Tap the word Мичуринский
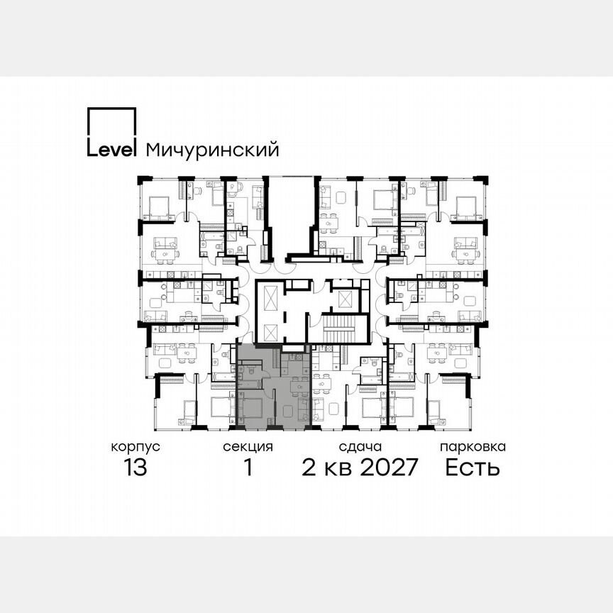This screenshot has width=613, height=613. (x=211, y=150)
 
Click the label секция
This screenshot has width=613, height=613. (x=248, y=447)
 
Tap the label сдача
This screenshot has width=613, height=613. (x=360, y=447)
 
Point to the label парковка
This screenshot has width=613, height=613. (x=473, y=447)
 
